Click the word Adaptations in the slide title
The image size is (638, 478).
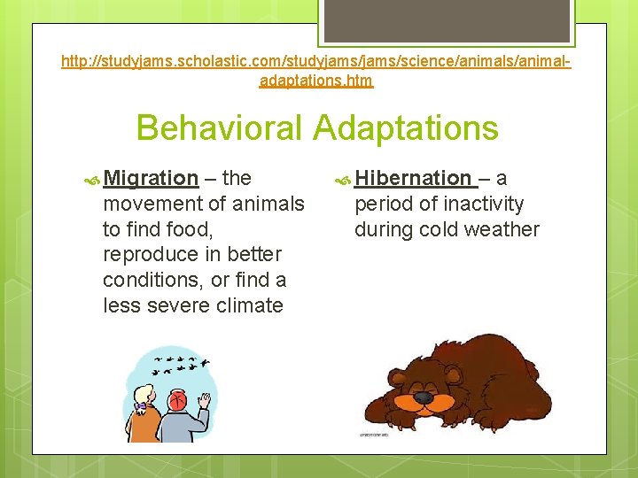coord(408,128)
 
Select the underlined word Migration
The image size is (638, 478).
coord(150,178)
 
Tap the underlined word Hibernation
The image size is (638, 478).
coord(413,178)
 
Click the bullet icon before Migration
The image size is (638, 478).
coord(90,179)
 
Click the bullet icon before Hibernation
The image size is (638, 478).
coord(342,179)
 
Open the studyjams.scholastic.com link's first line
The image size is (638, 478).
coord(315,62)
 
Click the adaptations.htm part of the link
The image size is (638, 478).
coord(316,81)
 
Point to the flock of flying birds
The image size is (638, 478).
coord(183,364)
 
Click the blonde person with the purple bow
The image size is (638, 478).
coord(145,412)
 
